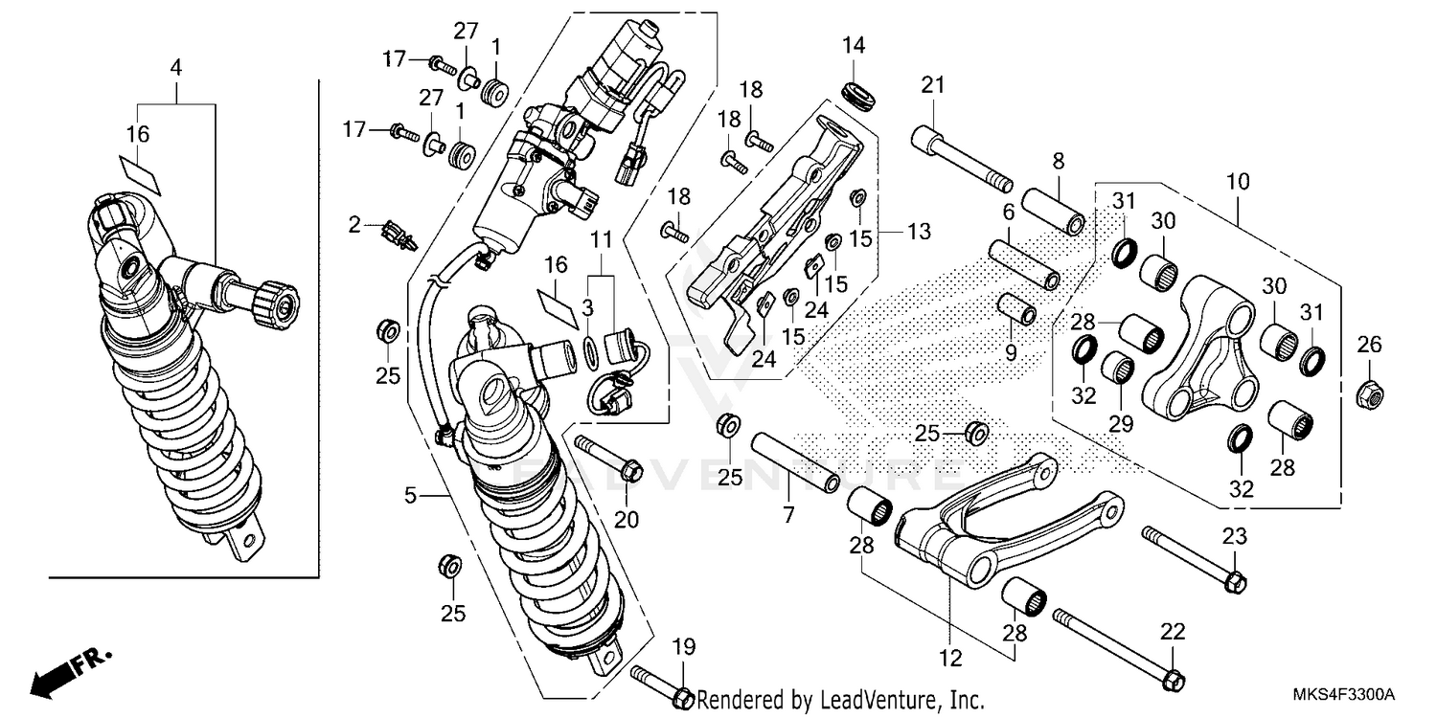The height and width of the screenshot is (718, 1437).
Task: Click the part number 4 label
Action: coord(175,67)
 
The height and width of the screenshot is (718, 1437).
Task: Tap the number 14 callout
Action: coord(854,45)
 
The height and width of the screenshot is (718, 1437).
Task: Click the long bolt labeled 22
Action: coord(1116,646)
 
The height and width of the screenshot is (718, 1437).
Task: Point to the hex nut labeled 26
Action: coord(1369,393)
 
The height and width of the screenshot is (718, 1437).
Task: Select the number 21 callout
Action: coord(932,85)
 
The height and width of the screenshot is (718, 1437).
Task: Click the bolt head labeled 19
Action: coord(681,697)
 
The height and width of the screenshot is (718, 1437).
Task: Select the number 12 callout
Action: coord(949,659)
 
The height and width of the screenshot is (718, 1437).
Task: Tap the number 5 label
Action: coord(410,495)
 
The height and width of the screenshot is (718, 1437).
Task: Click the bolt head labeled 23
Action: coord(1236,580)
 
